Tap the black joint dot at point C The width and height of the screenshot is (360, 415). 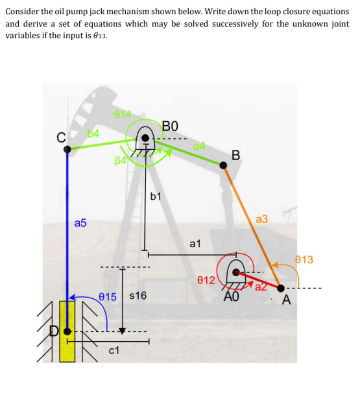(67, 149)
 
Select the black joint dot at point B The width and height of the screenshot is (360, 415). (224, 165)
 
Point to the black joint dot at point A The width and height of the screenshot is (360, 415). (280, 288)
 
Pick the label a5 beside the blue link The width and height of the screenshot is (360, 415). (80, 223)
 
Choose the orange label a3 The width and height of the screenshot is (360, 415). (261, 220)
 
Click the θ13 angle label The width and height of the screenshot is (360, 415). (303, 260)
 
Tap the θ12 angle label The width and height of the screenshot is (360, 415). (205, 280)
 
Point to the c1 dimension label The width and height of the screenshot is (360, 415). (114, 351)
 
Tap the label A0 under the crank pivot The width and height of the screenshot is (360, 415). (232, 297)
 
